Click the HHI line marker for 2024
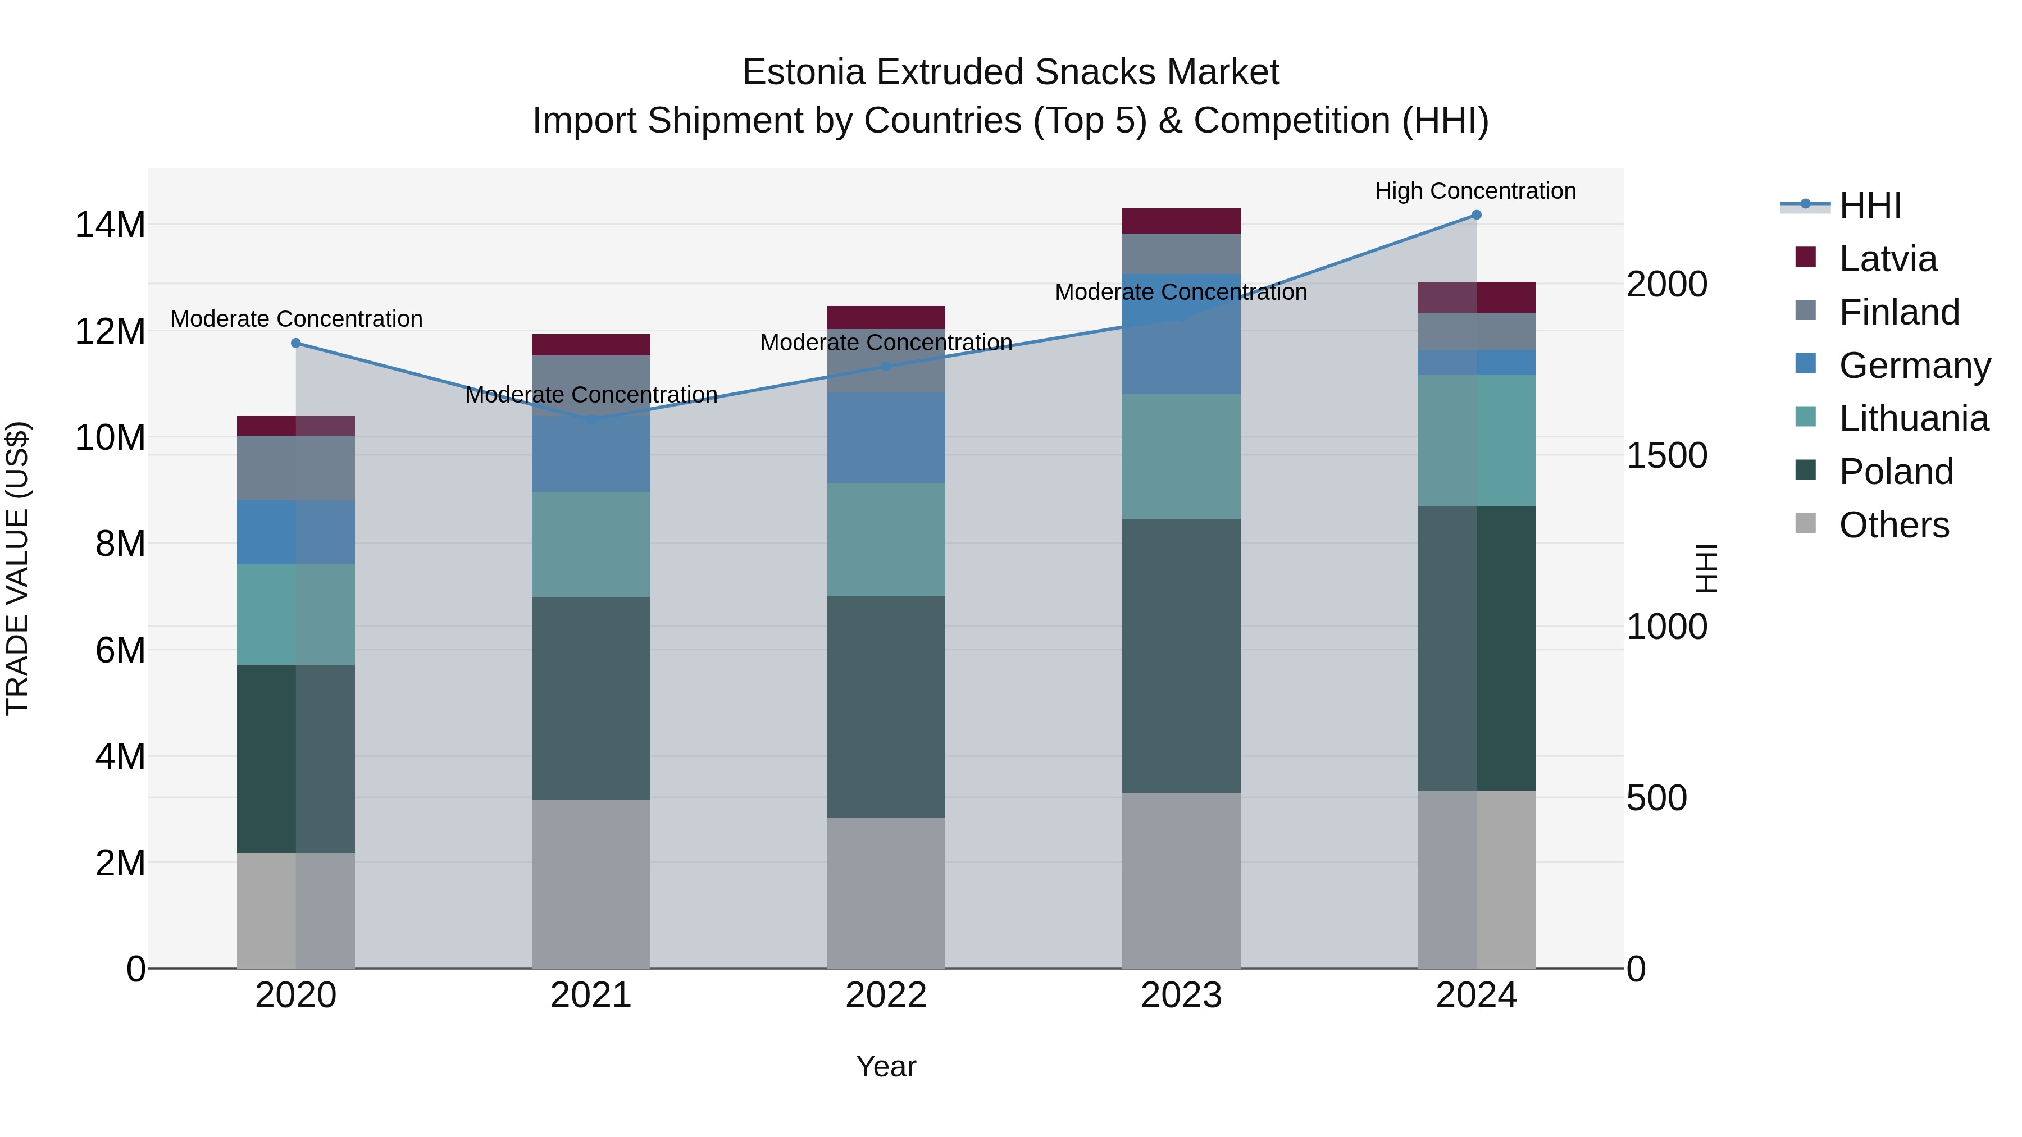(x=1475, y=215)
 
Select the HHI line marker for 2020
(x=296, y=343)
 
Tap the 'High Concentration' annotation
(x=1475, y=191)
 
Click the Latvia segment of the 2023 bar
(x=1181, y=221)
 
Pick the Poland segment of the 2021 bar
(x=590, y=698)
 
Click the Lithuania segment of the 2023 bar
(x=1181, y=456)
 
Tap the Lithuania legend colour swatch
(x=1805, y=417)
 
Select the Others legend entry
(x=1893, y=525)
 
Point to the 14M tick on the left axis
(x=110, y=225)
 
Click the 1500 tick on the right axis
(x=1666, y=455)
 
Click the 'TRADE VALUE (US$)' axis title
(x=17, y=568)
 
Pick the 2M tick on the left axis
(x=120, y=863)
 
